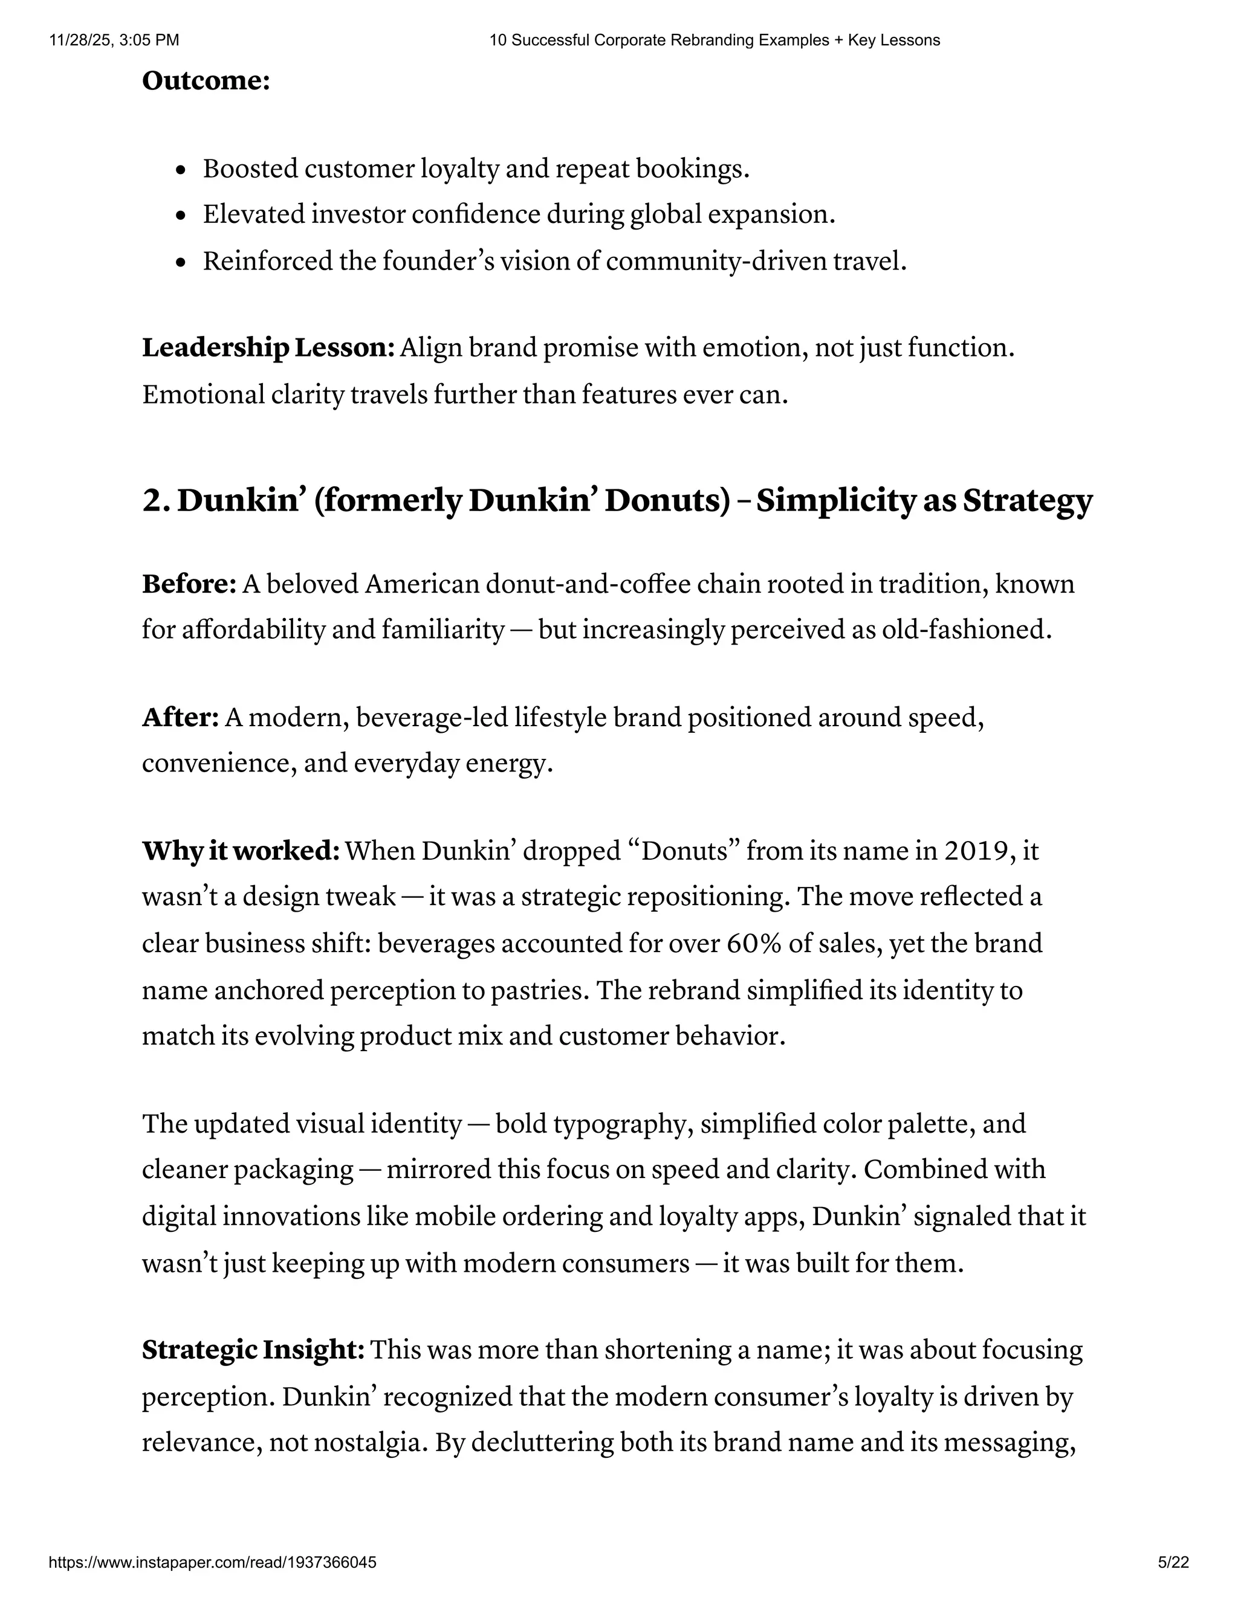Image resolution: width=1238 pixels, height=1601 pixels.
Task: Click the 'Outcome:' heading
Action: tap(206, 80)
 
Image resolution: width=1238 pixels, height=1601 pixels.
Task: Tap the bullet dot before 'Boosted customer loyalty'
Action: tap(182, 171)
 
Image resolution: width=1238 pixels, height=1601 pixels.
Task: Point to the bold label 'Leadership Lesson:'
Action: tap(268, 347)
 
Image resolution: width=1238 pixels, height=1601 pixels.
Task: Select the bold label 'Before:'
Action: tap(189, 584)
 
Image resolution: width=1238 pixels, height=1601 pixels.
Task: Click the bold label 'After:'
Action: tap(180, 717)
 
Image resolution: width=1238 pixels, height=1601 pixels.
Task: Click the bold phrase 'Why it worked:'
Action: tap(241, 851)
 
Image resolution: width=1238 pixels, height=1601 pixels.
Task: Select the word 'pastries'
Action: tap(537, 990)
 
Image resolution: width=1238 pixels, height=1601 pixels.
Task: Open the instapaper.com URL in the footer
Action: tap(213, 1562)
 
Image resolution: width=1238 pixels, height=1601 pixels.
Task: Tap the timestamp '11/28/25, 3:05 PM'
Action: tap(114, 40)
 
